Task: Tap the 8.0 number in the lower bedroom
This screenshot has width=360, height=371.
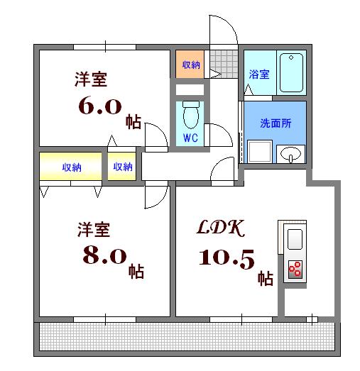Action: (x=102, y=255)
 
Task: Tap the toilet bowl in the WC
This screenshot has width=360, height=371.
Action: (x=190, y=113)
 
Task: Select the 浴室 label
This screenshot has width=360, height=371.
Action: (x=259, y=74)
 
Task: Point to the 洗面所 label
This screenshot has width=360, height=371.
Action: (x=275, y=121)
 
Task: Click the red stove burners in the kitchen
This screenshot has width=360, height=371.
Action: (x=294, y=269)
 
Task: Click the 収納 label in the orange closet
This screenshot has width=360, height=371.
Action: (x=190, y=65)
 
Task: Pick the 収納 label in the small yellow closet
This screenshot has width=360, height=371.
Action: (x=122, y=167)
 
